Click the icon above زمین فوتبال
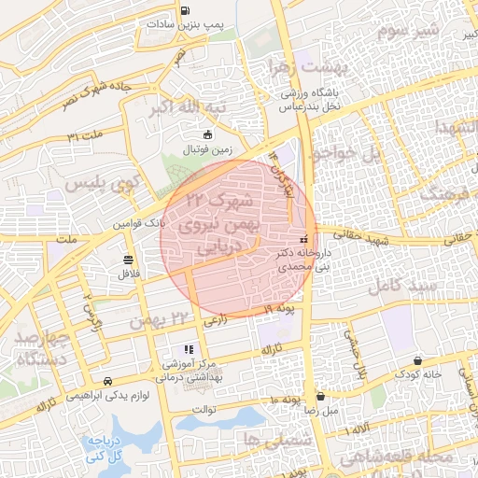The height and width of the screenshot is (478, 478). (x=207, y=134)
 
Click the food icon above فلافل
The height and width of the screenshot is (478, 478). (x=127, y=260)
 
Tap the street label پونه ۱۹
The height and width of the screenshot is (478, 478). (x=279, y=309)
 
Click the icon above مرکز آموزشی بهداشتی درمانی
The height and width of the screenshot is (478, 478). (x=190, y=348)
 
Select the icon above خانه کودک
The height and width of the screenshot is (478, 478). (x=416, y=360)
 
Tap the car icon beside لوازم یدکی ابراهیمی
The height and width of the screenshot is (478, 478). (x=108, y=381)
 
